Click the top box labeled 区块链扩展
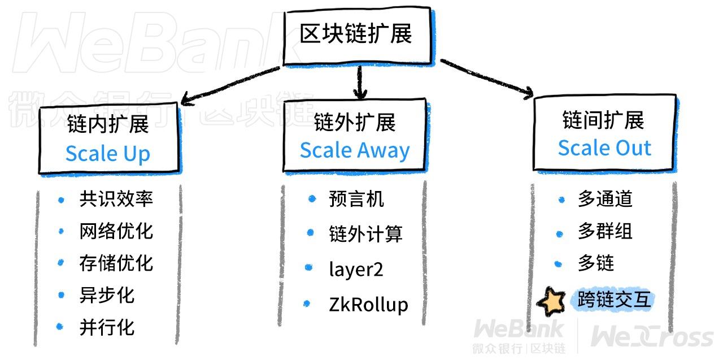point(356,35)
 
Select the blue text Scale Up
point(108,154)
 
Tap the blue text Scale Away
point(355,150)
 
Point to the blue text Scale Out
point(604,148)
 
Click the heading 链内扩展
point(108,124)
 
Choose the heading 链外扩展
point(355,122)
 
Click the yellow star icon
point(551,302)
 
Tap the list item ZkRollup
point(368,305)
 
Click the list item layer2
point(356,269)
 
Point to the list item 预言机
point(356,199)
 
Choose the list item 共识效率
point(116,199)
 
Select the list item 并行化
point(107,328)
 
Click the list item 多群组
point(605,232)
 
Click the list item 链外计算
point(365,234)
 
